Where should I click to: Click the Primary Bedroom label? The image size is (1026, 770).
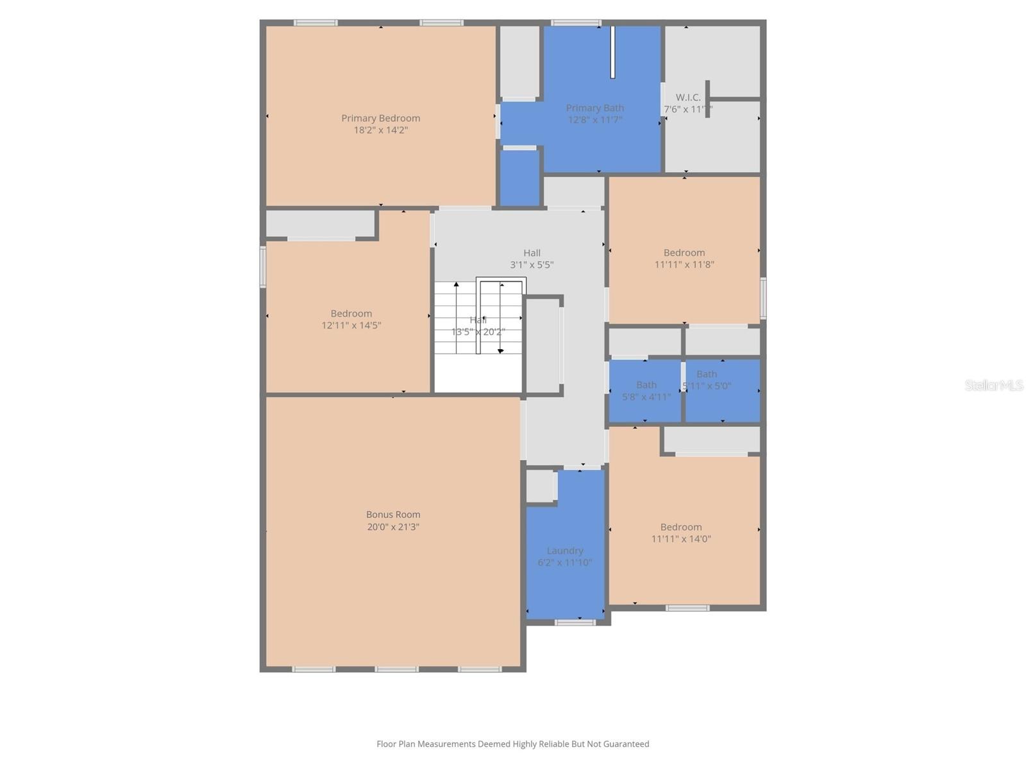[x=380, y=118]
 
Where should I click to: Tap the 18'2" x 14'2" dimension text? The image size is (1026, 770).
[x=380, y=130]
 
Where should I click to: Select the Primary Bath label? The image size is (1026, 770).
[x=594, y=108]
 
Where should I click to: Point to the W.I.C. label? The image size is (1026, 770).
[x=688, y=98]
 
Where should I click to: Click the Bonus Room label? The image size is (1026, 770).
[x=393, y=515]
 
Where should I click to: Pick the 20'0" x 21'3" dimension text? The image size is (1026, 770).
[x=393, y=527]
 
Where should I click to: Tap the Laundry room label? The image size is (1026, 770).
[x=565, y=551]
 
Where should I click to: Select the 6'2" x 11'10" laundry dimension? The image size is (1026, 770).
[x=565, y=563]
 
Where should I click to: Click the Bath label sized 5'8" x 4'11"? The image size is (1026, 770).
[x=646, y=385]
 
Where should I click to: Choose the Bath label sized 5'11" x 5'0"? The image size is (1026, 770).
[x=707, y=374]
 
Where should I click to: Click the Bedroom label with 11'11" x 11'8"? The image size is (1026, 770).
[x=684, y=253]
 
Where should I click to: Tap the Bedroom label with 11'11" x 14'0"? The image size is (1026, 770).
[x=681, y=527]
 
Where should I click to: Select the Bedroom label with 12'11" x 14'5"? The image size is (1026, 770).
[x=351, y=314]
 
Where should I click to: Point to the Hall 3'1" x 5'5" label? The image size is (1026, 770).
[x=532, y=253]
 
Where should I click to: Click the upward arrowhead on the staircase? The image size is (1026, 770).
[x=457, y=284]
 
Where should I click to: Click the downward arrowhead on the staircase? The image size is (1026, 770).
[x=501, y=351]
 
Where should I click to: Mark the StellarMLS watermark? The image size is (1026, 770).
[x=994, y=386]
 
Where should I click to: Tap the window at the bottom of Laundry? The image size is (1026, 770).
[x=575, y=622]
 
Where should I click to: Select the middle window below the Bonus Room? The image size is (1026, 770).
[x=396, y=669]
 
